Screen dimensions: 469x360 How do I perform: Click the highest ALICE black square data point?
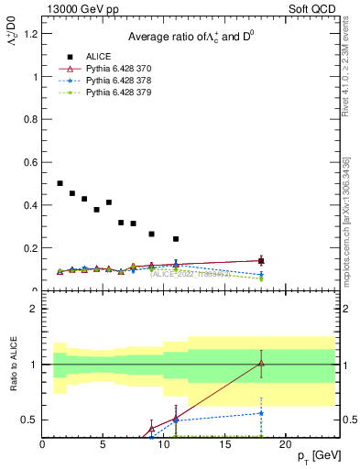(x=60, y=183)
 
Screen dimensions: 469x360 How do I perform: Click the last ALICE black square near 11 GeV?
(x=176, y=239)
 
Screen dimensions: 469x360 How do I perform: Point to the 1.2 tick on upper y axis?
(x=33, y=34)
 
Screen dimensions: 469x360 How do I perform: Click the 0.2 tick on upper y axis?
(x=33, y=248)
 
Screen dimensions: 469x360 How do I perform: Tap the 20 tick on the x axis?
(x=286, y=445)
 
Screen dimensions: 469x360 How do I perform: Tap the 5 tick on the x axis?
(x=104, y=445)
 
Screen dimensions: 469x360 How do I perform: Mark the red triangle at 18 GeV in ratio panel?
(x=261, y=364)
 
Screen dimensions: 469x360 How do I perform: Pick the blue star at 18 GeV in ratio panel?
(x=261, y=413)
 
